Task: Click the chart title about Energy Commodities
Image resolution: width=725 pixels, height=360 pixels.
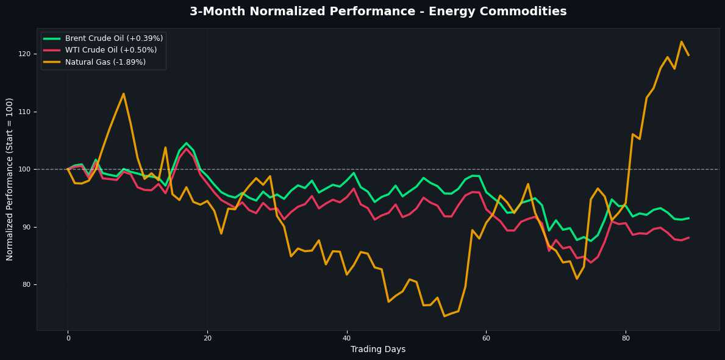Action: pos(378,11)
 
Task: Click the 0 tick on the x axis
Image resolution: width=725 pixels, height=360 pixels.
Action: pos(68,337)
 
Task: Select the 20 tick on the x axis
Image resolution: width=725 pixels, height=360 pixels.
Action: pos(207,337)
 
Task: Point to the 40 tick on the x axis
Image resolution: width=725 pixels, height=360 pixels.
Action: pos(346,337)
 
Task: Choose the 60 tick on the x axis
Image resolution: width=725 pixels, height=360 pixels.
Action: pos(486,337)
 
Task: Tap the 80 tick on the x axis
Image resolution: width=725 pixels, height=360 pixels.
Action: pos(626,337)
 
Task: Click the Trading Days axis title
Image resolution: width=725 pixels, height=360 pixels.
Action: pos(378,349)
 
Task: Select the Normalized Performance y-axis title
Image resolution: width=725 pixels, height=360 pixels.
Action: pos(10,179)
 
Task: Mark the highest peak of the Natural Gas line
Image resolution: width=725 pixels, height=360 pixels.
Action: pos(681,41)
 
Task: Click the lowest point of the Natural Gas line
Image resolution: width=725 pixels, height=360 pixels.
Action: pos(445,316)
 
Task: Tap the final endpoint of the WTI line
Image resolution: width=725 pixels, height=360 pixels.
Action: pos(688,237)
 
